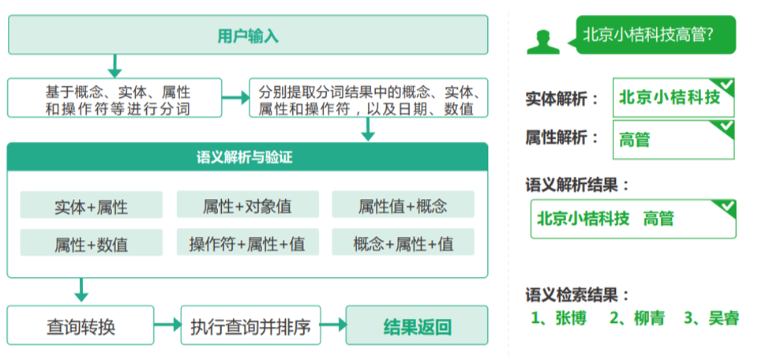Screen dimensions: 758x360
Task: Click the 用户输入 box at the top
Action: point(248,35)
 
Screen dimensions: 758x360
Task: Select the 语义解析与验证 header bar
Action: point(247,157)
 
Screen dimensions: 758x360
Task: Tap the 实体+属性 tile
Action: point(92,205)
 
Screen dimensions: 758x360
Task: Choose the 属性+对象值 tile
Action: point(247,204)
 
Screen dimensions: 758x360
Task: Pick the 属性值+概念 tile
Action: point(403,204)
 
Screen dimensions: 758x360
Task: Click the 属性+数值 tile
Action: point(92,242)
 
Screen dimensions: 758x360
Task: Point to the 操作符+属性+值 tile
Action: point(247,242)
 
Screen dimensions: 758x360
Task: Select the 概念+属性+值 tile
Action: point(403,242)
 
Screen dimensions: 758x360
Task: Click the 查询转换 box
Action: point(81,325)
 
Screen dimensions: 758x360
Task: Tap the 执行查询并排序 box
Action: point(250,325)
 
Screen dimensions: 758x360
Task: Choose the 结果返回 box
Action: point(417,325)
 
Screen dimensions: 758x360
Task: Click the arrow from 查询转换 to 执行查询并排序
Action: point(167,324)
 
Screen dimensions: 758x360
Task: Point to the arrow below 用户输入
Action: point(114,66)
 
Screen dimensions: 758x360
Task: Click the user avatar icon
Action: point(543,42)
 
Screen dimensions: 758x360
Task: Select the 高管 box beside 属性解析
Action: point(674,141)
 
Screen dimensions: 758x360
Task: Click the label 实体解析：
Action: point(563,99)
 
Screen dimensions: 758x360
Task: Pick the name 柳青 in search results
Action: point(637,318)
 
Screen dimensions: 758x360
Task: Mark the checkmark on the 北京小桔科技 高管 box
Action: point(726,208)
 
